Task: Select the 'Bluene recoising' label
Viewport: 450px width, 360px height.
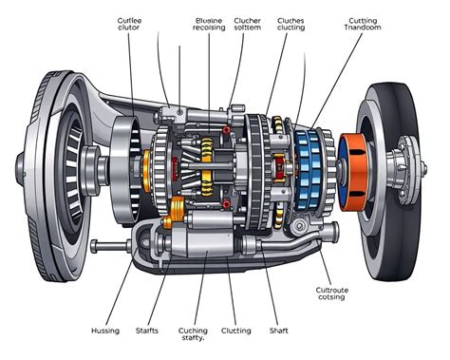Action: (210, 24)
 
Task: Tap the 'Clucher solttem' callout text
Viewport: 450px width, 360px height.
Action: (248, 24)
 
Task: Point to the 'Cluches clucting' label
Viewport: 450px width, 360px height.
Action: (291, 24)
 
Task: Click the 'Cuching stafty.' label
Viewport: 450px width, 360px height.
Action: (193, 335)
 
